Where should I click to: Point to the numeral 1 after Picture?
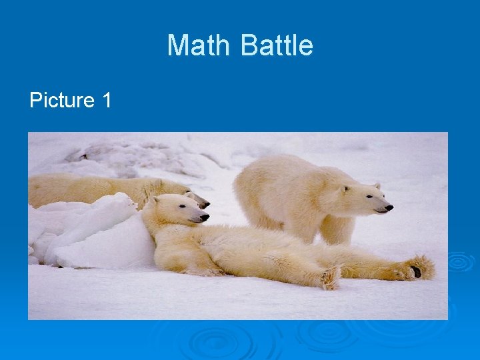(x=107, y=101)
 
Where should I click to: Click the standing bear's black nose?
(x=389, y=208)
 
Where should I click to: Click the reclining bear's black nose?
(x=205, y=217)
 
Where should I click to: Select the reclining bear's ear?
(x=154, y=201)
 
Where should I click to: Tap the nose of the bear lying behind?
(x=205, y=204)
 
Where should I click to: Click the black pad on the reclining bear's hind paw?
(x=416, y=271)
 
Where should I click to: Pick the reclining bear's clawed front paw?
(x=330, y=277)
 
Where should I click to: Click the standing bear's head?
(x=363, y=198)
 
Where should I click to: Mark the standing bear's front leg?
(x=337, y=230)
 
